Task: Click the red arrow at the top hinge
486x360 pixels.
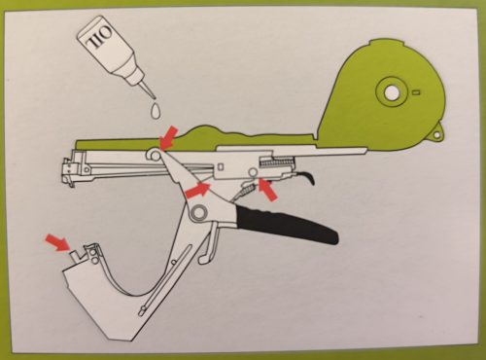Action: [169, 138]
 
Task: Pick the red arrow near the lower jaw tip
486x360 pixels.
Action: [57, 242]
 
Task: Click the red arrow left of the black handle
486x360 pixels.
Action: [197, 190]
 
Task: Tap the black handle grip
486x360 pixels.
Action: [287, 224]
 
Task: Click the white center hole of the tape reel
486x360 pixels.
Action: [392, 92]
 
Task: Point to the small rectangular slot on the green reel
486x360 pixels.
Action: [417, 92]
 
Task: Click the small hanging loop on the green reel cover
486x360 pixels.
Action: [436, 133]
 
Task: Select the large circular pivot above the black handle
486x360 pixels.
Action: [199, 213]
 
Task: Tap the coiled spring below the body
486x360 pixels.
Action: [245, 191]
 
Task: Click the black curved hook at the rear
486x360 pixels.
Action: [306, 178]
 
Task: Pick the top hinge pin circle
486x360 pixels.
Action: [155, 155]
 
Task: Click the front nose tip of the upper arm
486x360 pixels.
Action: [67, 171]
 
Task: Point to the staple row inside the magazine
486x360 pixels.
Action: [277, 162]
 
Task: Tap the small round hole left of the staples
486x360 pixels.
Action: [253, 172]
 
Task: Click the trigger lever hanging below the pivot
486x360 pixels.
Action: [209, 242]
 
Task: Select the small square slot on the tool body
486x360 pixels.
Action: [221, 166]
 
